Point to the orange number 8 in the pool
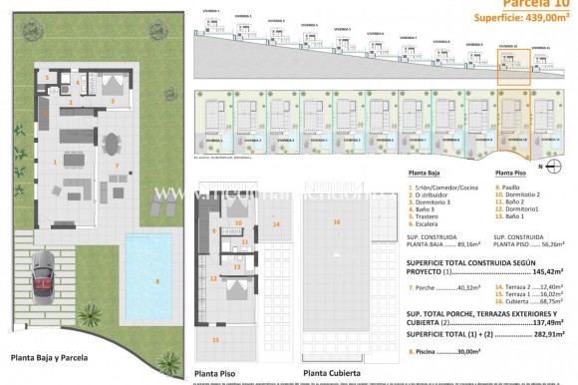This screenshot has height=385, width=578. coord(156,282)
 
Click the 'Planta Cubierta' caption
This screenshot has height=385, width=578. coord(330,375)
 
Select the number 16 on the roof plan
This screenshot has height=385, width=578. coord(336,221)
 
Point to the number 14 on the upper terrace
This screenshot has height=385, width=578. coord(276,224)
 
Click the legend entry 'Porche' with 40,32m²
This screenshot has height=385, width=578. coord(443,288)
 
